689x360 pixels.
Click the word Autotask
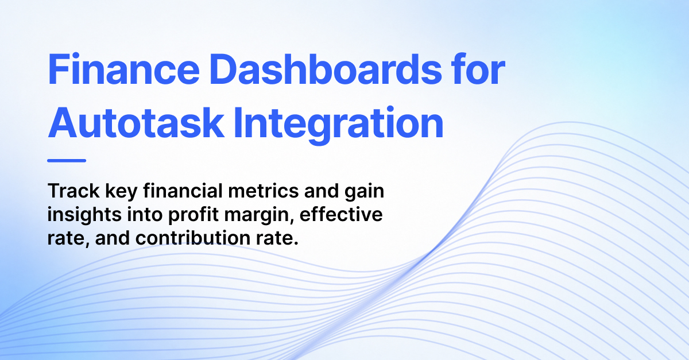pos(136,122)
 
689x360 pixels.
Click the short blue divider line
pos(67,160)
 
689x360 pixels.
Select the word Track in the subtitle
pos(73,191)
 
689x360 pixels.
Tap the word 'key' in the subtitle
pos(121,192)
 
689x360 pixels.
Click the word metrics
pos(264,191)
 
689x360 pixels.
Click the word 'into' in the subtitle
pos(145,214)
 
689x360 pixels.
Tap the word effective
pos(341,214)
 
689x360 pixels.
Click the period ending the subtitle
pos(296,243)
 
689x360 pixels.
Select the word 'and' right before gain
pos(322,191)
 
